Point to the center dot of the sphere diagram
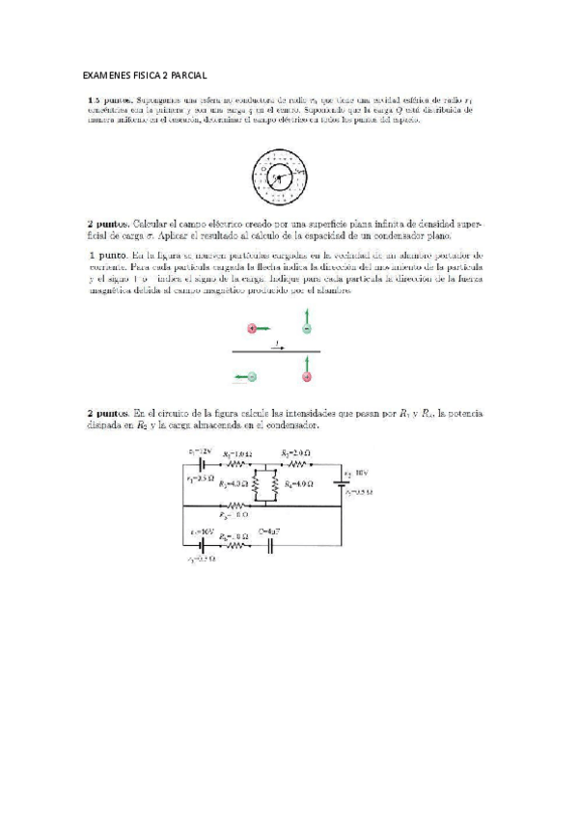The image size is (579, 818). pos(278,177)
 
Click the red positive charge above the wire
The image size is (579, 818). pos(252,329)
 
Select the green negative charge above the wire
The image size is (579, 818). pos(307,329)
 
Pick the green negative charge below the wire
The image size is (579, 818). pos(252,376)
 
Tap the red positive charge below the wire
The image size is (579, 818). pos(307,377)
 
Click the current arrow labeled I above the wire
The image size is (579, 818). pos(278,344)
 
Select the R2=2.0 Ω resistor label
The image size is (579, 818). pos(294,453)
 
